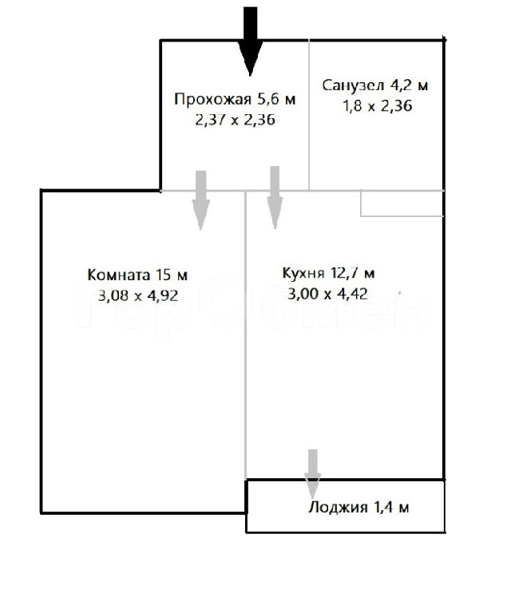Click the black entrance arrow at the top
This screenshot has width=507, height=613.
(x=251, y=41)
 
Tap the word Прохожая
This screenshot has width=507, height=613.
(x=212, y=99)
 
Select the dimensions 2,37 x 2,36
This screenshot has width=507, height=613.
(x=235, y=120)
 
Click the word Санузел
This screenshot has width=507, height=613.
(x=353, y=85)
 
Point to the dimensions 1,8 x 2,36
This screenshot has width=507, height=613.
(x=378, y=106)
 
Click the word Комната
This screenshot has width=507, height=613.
(x=118, y=275)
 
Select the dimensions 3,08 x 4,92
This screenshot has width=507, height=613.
(x=137, y=295)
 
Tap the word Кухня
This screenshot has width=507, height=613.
(x=303, y=273)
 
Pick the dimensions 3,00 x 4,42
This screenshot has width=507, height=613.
(x=327, y=294)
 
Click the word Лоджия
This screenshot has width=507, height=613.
(x=338, y=508)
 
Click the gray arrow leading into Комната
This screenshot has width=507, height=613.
(x=200, y=200)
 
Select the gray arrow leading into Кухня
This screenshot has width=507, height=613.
(x=275, y=197)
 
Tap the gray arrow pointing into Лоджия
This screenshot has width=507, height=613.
(x=312, y=474)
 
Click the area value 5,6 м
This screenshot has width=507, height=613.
(x=276, y=99)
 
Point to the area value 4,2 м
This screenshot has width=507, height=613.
(x=409, y=85)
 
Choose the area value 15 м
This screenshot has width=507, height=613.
(x=172, y=275)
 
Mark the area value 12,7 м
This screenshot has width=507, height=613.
(x=352, y=273)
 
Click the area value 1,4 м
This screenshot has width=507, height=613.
(x=391, y=508)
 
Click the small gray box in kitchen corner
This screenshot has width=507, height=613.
(x=402, y=204)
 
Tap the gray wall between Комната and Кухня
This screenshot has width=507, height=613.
(x=245, y=335)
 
